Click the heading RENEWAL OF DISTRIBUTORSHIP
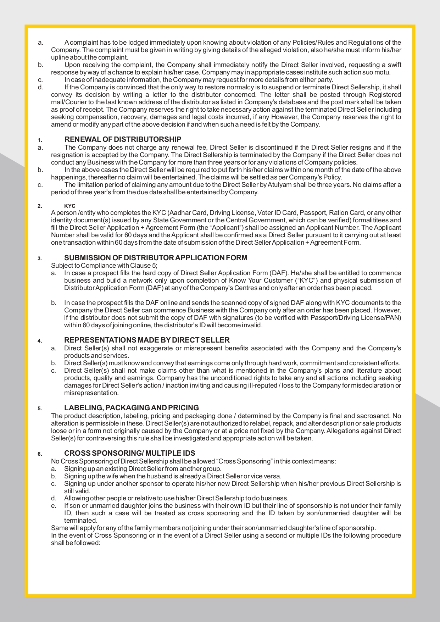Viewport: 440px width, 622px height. point(123,139)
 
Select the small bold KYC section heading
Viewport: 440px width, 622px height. point(70,206)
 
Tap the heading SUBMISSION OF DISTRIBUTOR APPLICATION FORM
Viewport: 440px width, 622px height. point(156,258)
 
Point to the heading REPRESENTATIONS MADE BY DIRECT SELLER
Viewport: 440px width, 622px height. point(147,340)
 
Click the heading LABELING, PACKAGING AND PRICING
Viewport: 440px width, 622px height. point(132,408)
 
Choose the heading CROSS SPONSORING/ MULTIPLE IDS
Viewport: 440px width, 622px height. point(129,453)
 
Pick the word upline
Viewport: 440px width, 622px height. point(59,57)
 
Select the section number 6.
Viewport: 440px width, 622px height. point(40,454)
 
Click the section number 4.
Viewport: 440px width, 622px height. point(40,341)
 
